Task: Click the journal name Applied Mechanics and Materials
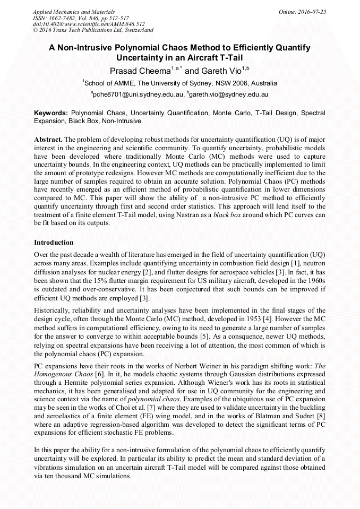66,11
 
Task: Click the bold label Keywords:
51,113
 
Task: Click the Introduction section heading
54,242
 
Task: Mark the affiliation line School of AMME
179,83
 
